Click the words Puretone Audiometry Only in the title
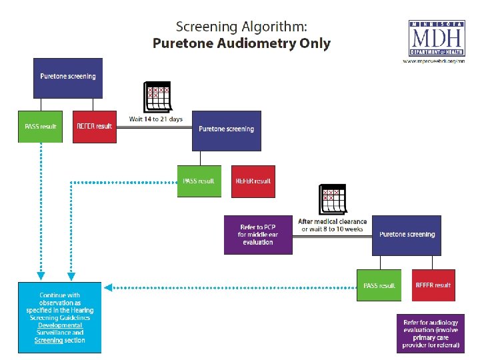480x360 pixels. pyautogui.click(x=241, y=44)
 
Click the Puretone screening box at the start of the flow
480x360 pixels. pyautogui.click(x=67, y=76)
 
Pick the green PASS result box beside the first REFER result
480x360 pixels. pyautogui.click(x=40, y=127)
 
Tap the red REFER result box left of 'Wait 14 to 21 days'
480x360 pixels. pyautogui.click(x=94, y=127)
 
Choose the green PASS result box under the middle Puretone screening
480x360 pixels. pyautogui.click(x=199, y=181)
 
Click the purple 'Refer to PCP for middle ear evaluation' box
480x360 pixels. pyautogui.click(x=258, y=235)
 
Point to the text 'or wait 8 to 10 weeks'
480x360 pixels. pyautogui.click(x=332, y=229)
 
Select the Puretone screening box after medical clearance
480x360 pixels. pyautogui.click(x=407, y=235)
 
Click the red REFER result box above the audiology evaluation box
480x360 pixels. pyautogui.click(x=433, y=285)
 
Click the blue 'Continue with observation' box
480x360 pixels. pyautogui.click(x=61, y=317)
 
